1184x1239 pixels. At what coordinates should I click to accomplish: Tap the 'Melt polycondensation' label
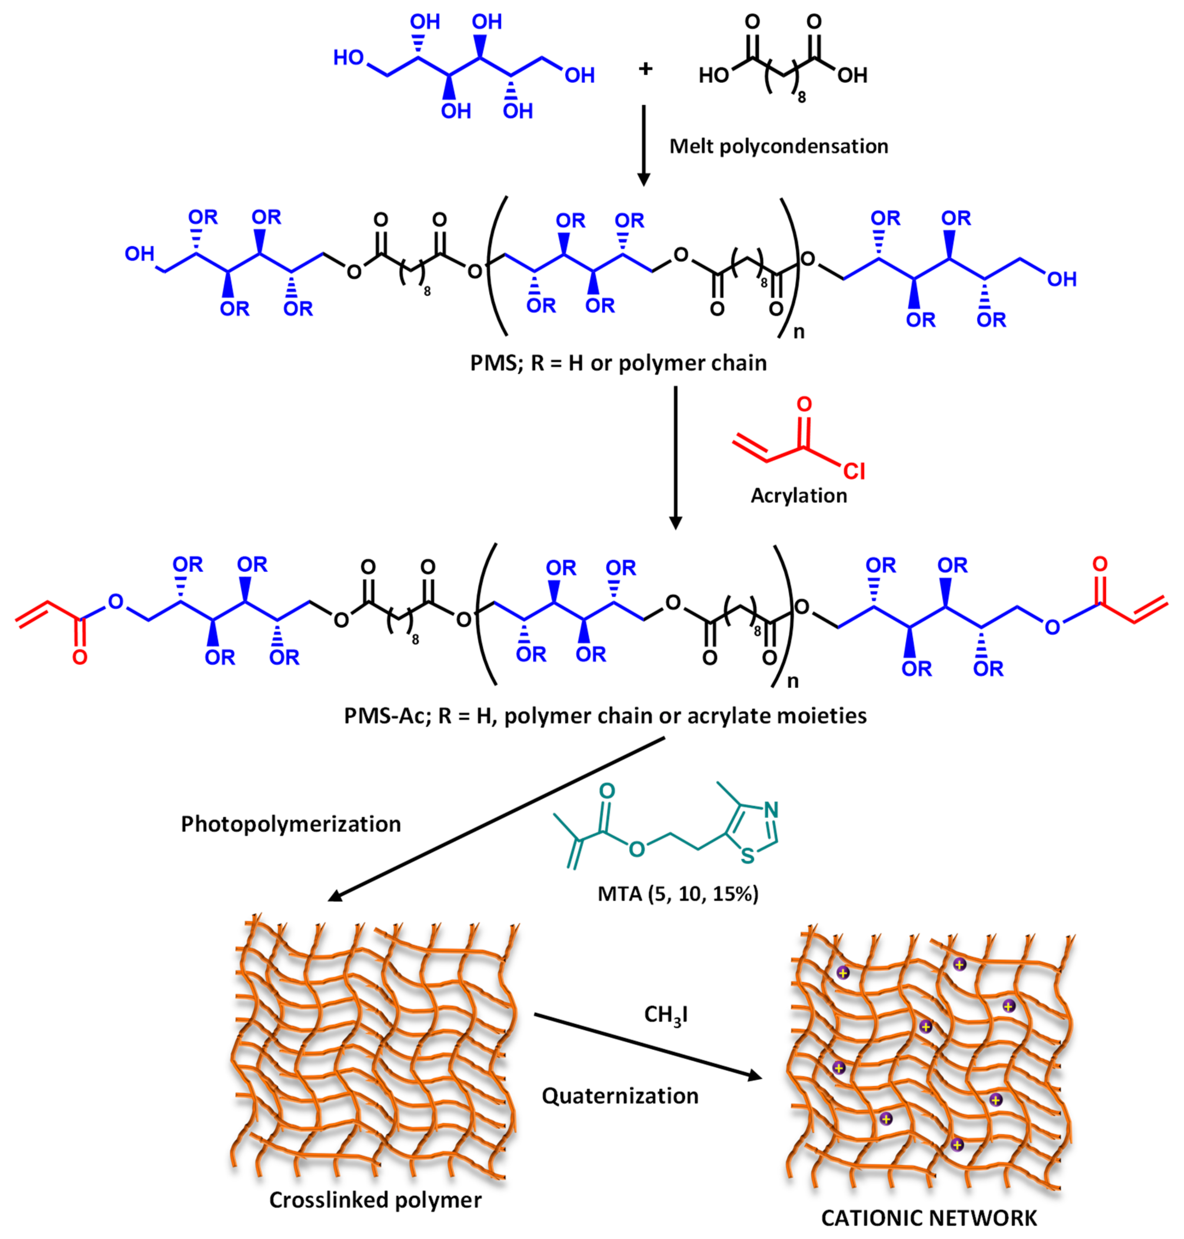[x=778, y=146]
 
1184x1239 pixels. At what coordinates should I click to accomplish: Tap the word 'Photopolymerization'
[x=291, y=824]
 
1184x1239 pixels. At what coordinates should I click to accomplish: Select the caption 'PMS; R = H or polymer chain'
[x=618, y=363]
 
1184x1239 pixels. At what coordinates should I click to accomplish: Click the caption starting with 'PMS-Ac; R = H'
[x=605, y=716]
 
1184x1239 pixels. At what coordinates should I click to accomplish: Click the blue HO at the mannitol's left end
[x=348, y=58]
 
